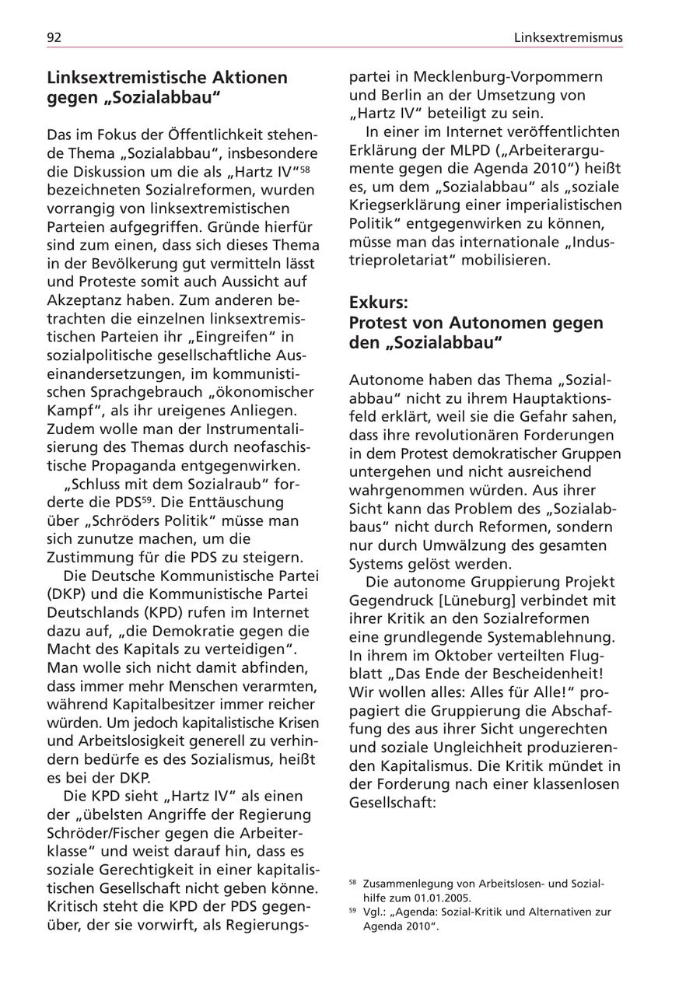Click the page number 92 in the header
click(54, 37)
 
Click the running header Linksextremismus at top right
click(568, 37)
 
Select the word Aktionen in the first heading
click(248, 78)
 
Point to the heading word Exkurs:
click(378, 302)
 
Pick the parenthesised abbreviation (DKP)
click(66, 594)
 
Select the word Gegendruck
click(390, 601)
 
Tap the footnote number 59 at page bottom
click(353, 909)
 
